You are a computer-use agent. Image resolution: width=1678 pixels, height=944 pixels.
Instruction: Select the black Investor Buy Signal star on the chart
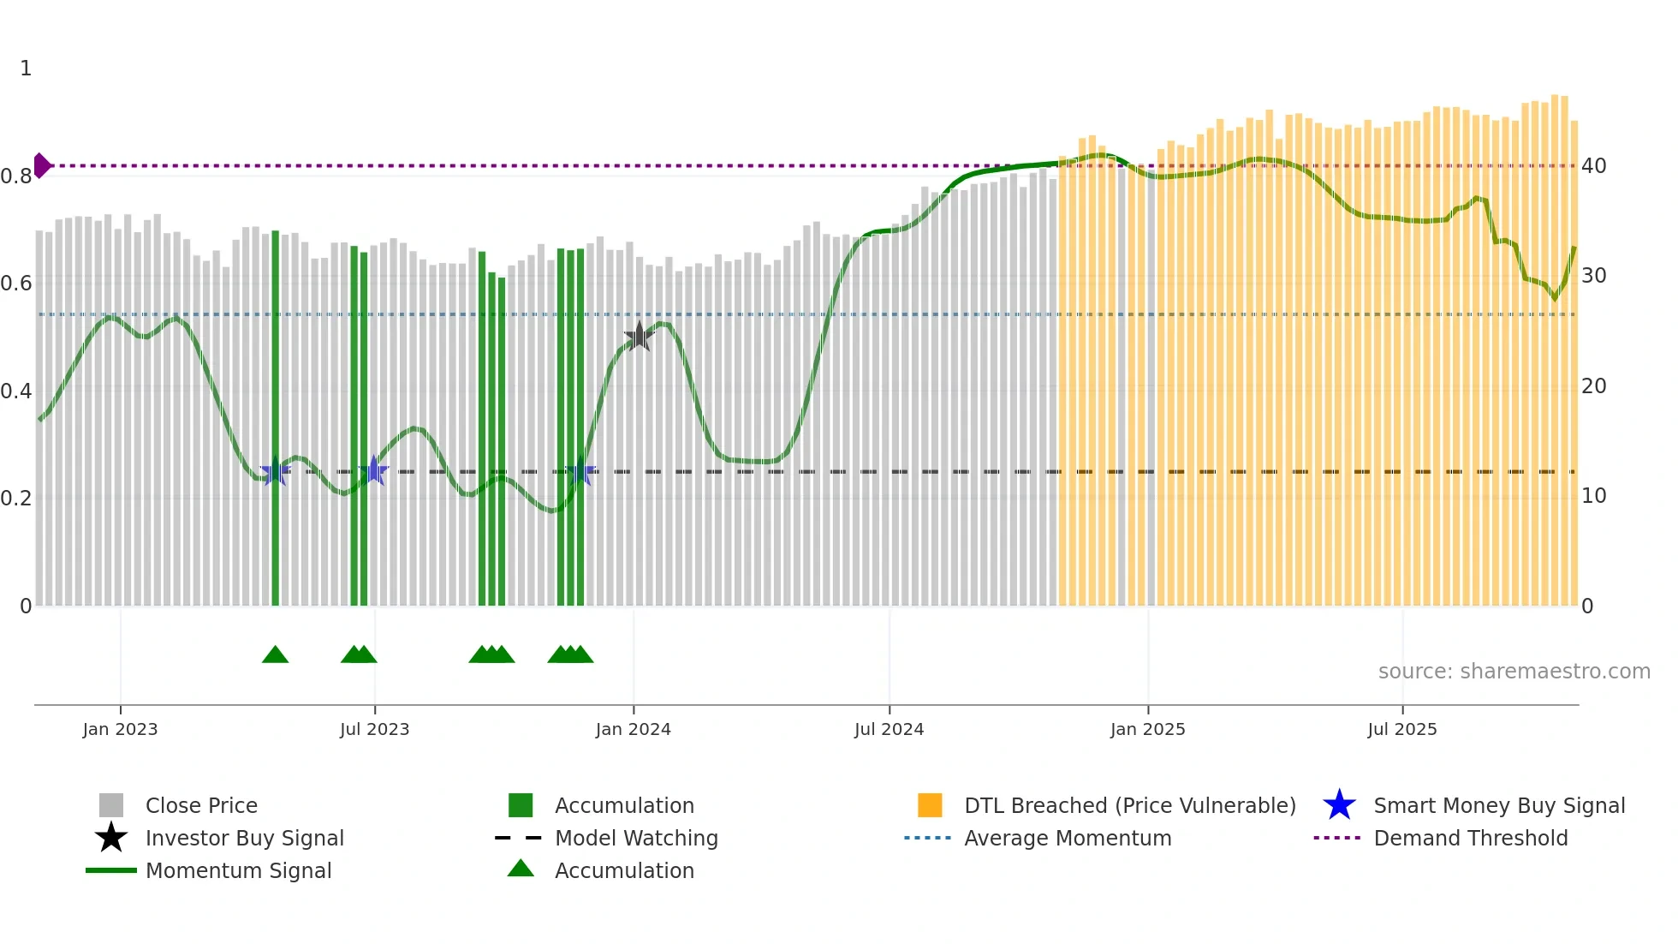[x=639, y=336]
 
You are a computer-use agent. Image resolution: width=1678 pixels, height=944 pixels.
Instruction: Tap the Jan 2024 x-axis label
[x=633, y=729]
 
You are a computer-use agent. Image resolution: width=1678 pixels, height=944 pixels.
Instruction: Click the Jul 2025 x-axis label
[x=1401, y=729]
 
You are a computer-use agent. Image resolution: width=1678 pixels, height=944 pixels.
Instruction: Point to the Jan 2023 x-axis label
[x=120, y=729]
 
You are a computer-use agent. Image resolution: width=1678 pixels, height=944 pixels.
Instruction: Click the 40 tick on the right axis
[x=1593, y=166]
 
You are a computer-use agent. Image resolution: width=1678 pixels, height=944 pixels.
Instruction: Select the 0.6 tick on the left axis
[x=16, y=284]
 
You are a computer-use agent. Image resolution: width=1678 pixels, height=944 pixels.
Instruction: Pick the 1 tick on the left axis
[x=26, y=69]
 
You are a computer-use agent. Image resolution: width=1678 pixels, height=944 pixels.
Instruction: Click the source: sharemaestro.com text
[x=1514, y=671]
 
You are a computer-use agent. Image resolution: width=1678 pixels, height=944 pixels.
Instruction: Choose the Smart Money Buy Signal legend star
[x=1339, y=805]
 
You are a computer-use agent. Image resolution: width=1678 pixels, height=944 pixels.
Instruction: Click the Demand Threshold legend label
[x=1470, y=838]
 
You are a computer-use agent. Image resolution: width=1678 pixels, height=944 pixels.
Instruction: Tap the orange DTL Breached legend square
[x=930, y=805]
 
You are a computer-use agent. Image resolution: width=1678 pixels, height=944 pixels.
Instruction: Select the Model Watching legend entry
[x=635, y=838]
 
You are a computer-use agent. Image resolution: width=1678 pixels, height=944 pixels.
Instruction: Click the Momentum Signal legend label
[x=238, y=870]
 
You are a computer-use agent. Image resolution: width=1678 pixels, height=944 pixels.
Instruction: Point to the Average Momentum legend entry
[x=1067, y=838]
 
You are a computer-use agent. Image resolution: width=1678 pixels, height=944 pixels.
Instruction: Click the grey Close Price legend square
[x=111, y=805]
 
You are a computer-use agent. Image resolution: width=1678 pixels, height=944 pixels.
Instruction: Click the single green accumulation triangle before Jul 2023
[x=275, y=654]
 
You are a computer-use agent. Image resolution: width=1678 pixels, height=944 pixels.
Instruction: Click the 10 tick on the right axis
[x=1593, y=496]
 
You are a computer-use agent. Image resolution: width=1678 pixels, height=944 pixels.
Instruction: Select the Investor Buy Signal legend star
[x=111, y=838]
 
